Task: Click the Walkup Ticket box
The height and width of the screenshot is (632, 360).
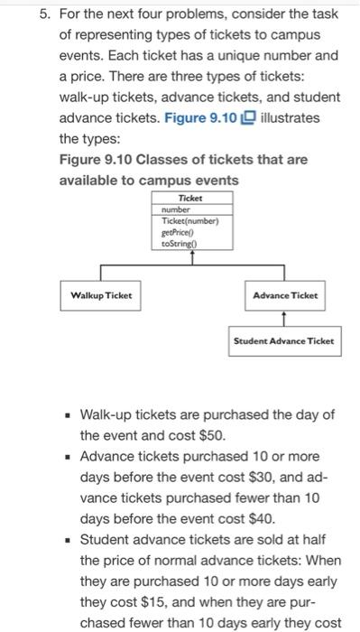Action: (101, 295)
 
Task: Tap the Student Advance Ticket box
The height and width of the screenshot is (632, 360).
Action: (283, 340)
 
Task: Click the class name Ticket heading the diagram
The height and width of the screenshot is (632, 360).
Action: (189, 198)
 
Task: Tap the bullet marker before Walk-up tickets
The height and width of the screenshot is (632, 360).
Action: (67, 415)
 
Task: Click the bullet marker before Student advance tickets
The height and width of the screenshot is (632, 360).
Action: (67, 540)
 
